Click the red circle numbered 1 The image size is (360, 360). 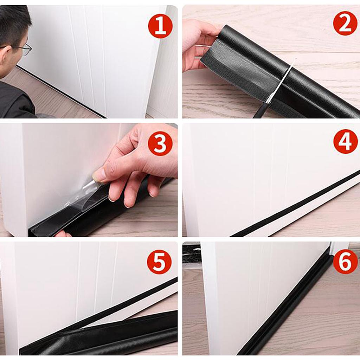[160, 26]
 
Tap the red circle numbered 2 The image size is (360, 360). [345, 23]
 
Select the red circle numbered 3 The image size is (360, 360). [160, 144]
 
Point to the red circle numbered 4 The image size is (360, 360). [346, 142]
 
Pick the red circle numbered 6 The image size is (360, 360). [345, 262]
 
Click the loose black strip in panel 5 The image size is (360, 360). [99, 333]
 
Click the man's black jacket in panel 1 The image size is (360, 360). [16, 99]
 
